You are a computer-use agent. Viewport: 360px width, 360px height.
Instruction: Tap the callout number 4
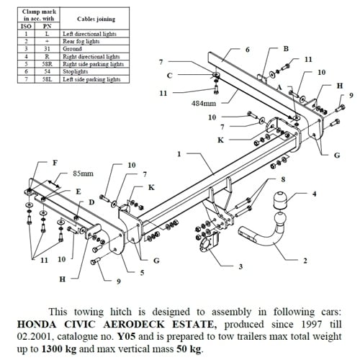point(314,193)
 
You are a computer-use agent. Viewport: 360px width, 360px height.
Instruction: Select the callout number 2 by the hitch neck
point(305,260)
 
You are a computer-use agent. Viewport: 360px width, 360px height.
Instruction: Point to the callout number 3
point(240,266)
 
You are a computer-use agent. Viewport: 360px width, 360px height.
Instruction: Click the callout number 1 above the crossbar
point(179,154)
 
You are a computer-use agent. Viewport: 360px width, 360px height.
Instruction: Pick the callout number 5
point(142,272)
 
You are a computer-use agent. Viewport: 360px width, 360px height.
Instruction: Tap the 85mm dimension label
point(82,174)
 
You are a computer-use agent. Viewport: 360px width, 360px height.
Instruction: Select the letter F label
point(54,163)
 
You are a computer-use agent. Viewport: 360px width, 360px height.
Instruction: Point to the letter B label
point(285,49)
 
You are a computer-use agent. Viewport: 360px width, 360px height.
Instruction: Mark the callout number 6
point(247,50)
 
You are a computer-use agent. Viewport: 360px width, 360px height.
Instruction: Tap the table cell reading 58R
point(48,63)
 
